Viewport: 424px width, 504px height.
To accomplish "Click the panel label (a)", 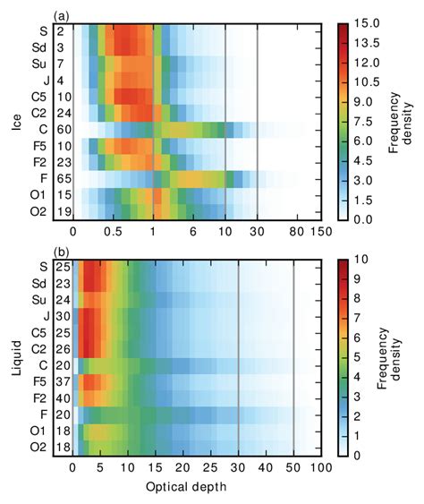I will [x=61, y=16].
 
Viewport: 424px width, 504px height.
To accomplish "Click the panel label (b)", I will [x=61, y=252].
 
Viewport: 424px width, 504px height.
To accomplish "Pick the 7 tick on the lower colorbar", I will [x=360, y=318].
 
